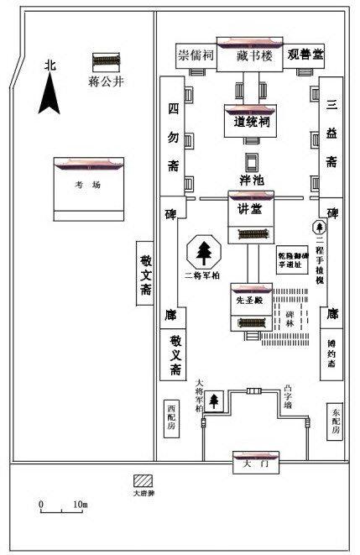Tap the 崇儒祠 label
point(195,55)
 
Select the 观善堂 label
point(305,55)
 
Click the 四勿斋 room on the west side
point(172,137)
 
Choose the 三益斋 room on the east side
point(331,134)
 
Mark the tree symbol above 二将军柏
point(204,251)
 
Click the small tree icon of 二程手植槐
point(319,227)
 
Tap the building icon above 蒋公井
point(106,62)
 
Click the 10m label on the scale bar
point(80,504)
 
